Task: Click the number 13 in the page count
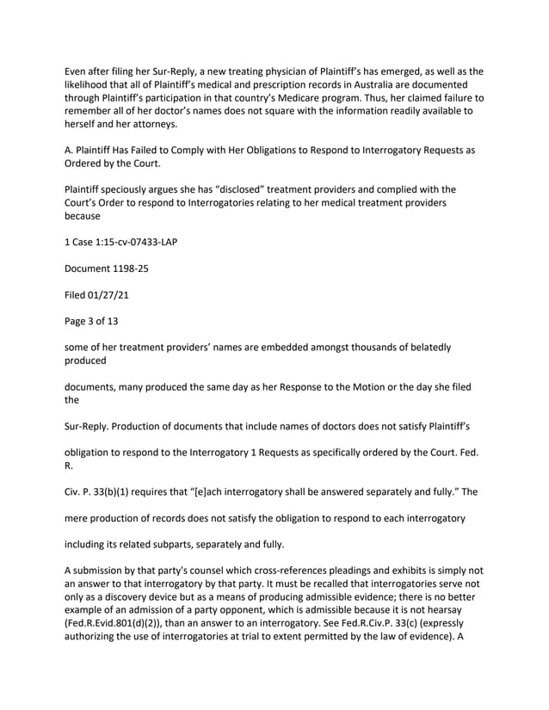point(129,321)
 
